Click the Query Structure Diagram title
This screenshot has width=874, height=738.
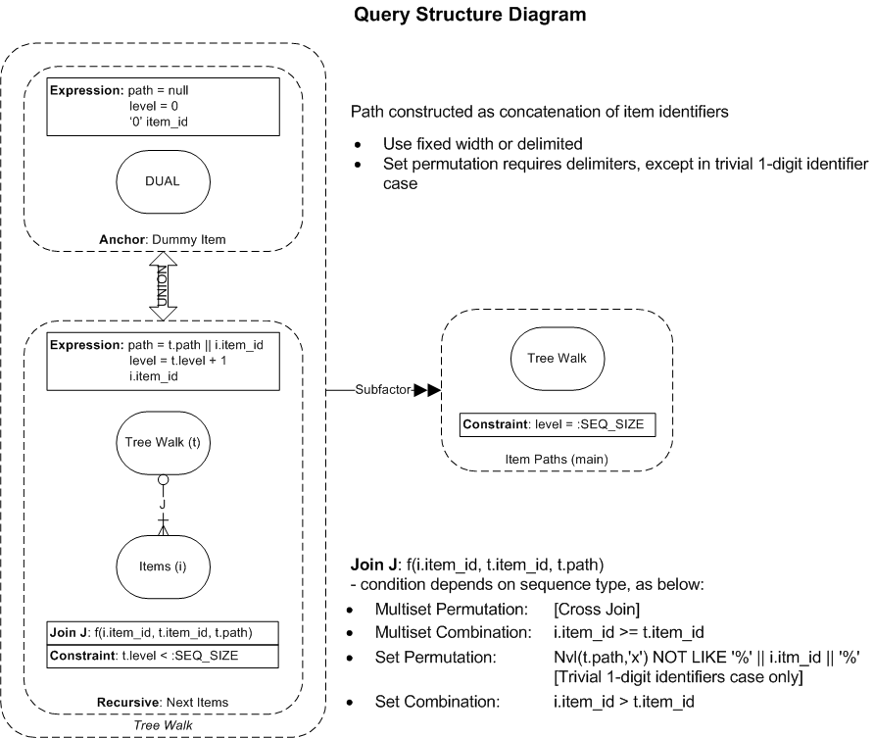tap(470, 15)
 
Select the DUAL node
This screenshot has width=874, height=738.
tap(163, 181)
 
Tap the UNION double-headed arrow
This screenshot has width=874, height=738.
tap(163, 286)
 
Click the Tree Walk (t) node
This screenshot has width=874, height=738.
tap(163, 443)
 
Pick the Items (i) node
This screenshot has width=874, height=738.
tap(163, 566)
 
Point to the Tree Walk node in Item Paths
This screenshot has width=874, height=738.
tap(558, 359)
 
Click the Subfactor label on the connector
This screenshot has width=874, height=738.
tap(383, 390)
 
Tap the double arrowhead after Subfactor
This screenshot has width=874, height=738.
tap(427, 390)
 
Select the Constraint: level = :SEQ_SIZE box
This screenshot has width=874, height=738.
tap(558, 424)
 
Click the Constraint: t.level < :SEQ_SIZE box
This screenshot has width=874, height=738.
tap(163, 656)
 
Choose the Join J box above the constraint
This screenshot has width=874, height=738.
tap(163, 633)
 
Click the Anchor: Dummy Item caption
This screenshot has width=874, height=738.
tap(163, 240)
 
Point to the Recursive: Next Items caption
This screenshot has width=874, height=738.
tap(163, 703)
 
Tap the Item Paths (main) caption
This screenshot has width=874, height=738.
tap(557, 460)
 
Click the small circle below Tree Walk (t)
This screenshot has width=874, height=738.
tap(163, 479)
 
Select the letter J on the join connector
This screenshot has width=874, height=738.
tap(163, 505)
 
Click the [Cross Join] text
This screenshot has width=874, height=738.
tap(597, 610)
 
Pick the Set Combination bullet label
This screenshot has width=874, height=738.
tap(438, 701)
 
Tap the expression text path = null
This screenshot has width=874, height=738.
tap(159, 90)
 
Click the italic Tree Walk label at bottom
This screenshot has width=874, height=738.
tap(164, 725)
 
